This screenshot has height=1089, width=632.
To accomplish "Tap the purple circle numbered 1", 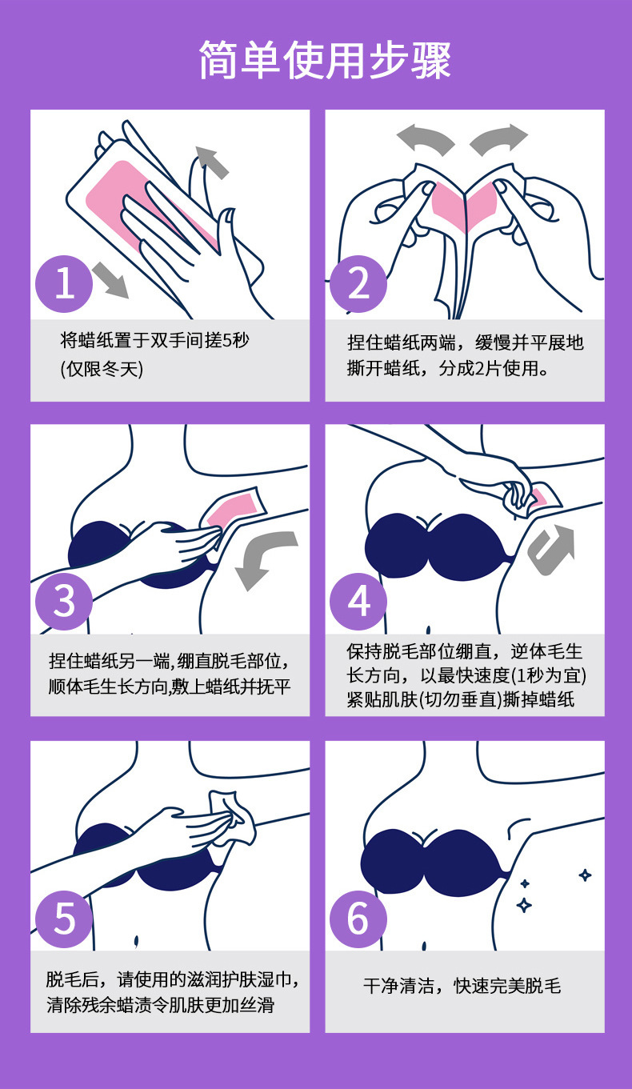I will pyautogui.click(x=65, y=284).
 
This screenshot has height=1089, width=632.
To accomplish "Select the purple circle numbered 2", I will pyautogui.click(x=359, y=284).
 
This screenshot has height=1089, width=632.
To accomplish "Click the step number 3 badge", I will pyautogui.click(x=65, y=601).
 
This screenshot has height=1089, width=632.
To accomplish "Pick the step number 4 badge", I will pyautogui.click(x=359, y=601).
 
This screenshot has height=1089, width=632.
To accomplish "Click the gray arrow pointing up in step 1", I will pyautogui.click(x=211, y=162).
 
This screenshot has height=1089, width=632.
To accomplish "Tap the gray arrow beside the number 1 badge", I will pyautogui.click(x=110, y=280).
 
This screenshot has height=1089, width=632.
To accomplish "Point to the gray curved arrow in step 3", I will pyautogui.click(x=265, y=560).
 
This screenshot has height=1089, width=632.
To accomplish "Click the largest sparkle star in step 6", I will pyautogui.click(x=525, y=905).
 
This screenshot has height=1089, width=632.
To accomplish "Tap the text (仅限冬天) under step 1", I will pyautogui.click(x=102, y=370).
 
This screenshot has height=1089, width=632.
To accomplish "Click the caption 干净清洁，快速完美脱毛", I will pyautogui.click(x=462, y=986).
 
